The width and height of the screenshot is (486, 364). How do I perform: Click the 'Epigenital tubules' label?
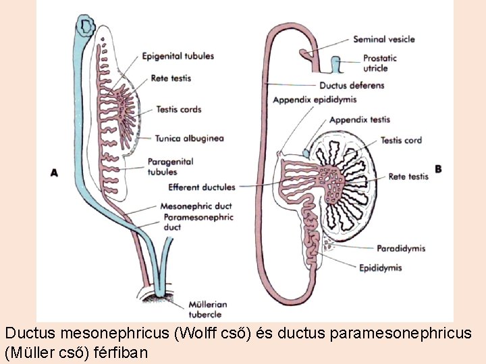pyautogui.click(x=178, y=56)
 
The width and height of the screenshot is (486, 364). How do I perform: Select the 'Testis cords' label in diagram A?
pyautogui.click(x=178, y=109)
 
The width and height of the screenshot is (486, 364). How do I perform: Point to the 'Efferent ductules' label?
pyautogui.click(x=202, y=187)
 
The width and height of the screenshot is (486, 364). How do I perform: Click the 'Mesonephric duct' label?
pyautogui.click(x=196, y=206)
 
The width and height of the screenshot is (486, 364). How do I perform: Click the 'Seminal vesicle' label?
pyautogui.click(x=384, y=40)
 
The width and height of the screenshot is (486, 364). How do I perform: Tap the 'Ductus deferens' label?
pyautogui.click(x=352, y=86)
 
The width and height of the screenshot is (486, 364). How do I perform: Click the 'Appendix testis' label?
pyautogui.click(x=360, y=120)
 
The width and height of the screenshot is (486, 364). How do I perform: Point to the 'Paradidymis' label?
pyautogui.click(x=401, y=248)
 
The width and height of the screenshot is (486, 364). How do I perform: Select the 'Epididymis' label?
pyautogui.click(x=381, y=268)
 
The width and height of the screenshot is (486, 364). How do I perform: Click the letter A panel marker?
pyautogui.click(x=54, y=173)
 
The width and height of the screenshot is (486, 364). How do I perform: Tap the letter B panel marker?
pyautogui.click(x=439, y=169)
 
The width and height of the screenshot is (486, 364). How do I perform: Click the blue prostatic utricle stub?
pyautogui.click(x=335, y=65)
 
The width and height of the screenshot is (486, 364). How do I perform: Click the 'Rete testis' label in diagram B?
pyautogui.click(x=408, y=177)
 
